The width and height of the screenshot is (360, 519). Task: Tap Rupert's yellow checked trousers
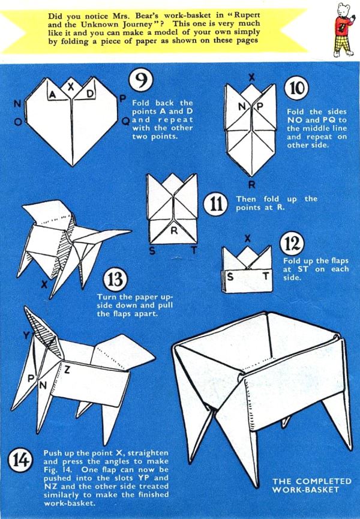[x=343, y=44]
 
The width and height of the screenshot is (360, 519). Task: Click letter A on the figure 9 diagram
[x=52, y=95]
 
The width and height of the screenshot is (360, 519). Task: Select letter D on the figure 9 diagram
[x=89, y=94]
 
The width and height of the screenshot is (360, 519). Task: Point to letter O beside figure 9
[x=19, y=121]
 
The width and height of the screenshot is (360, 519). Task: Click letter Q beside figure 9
[x=126, y=121]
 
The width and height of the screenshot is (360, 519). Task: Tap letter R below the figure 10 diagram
[x=251, y=185]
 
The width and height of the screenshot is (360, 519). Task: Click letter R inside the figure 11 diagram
[x=173, y=231]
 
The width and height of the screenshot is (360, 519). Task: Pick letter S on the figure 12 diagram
[x=230, y=277]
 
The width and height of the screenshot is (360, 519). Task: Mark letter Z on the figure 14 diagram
[x=67, y=370]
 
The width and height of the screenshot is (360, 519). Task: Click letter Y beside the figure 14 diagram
[x=26, y=336]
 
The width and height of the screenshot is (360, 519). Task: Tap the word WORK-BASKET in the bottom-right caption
[x=305, y=490]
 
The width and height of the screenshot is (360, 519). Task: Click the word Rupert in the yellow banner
[x=245, y=16]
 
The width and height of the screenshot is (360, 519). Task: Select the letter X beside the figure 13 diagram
[x=44, y=284]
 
